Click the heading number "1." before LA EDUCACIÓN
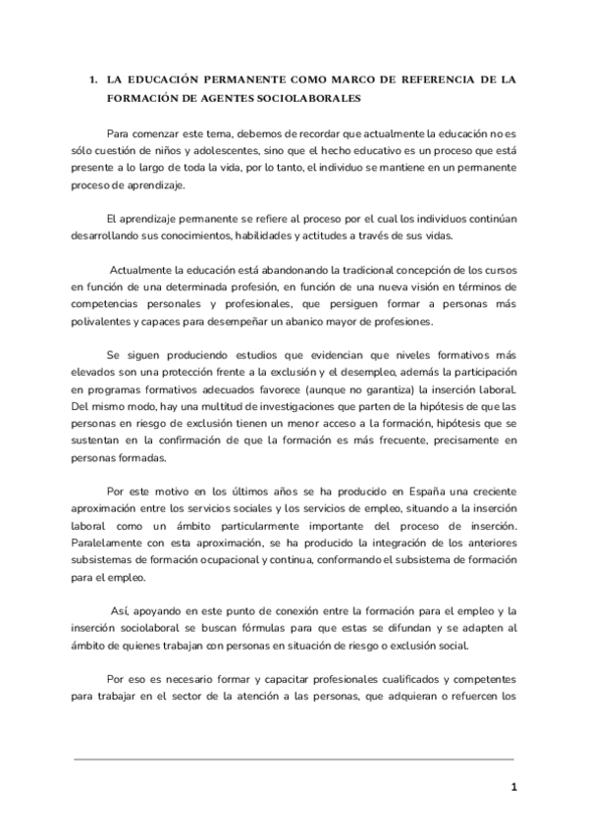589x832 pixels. [x=91, y=78]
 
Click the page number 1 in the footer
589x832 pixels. [x=512, y=788]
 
